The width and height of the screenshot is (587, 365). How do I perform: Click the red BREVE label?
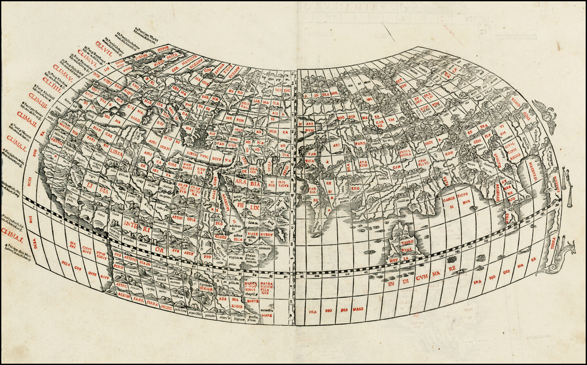(253, 301)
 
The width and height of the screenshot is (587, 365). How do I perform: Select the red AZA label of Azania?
(223, 299)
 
